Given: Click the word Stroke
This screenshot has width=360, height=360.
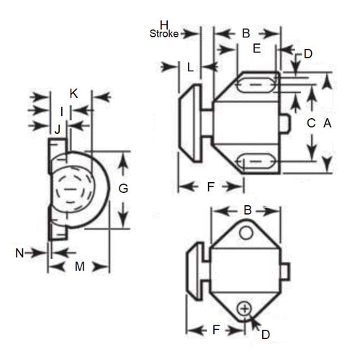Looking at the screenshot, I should [x=164, y=33].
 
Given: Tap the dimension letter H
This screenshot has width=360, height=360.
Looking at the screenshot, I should [x=164, y=24].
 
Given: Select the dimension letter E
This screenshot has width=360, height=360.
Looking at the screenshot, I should [x=256, y=48].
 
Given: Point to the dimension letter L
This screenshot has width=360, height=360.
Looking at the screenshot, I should [x=189, y=67].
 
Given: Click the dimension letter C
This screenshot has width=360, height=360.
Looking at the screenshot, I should [x=311, y=123].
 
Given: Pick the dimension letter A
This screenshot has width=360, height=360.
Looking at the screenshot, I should [x=327, y=123].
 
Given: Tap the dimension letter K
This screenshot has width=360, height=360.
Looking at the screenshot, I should [x=73, y=94].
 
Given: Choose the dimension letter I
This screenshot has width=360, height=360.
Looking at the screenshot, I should [x=62, y=111].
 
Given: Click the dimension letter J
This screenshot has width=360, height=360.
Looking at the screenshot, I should [x=57, y=129].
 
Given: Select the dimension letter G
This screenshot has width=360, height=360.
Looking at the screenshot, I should [x=123, y=189].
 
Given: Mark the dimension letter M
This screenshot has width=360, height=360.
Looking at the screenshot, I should [x=79, y=266].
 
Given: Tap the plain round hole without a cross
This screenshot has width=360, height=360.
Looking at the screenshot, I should [x=246, y=233].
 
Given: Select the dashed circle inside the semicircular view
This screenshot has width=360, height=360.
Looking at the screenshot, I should [x=71, y=189].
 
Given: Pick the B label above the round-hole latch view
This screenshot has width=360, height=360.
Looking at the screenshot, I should [x=247, y=211].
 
